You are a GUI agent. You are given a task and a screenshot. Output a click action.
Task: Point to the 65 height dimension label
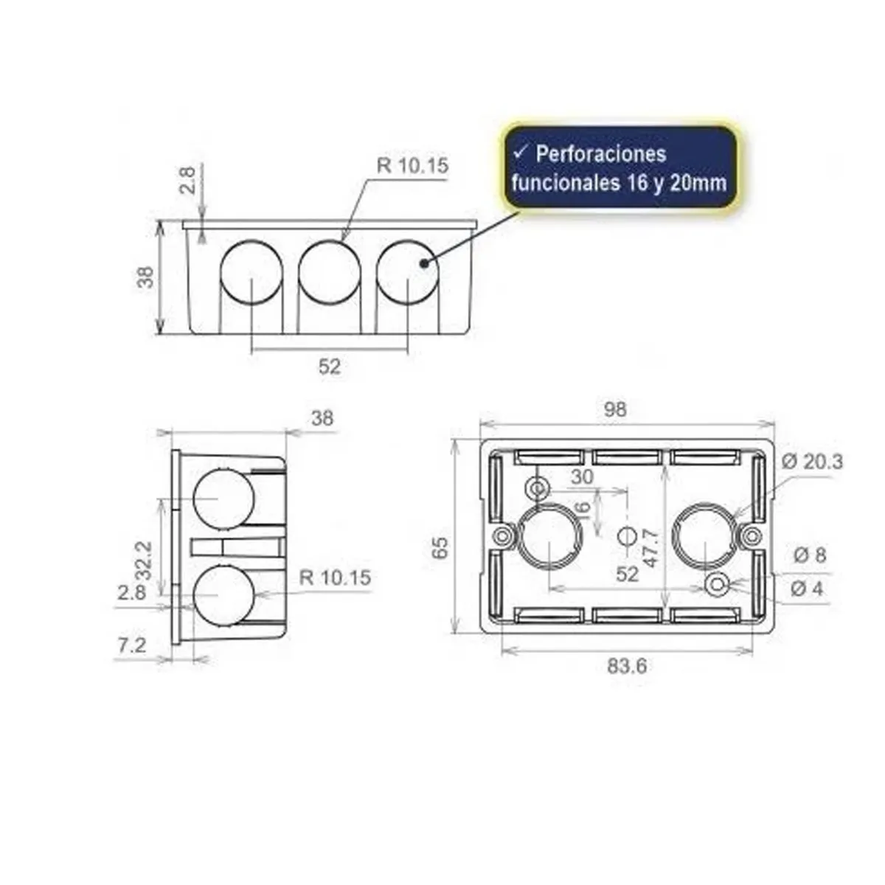(440, 547)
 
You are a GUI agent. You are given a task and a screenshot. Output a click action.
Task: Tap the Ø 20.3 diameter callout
(811, 462)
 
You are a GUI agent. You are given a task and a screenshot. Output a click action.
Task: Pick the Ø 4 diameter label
(808, 589)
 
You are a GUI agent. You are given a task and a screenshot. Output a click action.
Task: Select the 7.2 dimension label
(131, 645)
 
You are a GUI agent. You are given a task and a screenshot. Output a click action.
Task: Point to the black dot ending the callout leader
(423, 263)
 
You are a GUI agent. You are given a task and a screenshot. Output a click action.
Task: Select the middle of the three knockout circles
(330, 270)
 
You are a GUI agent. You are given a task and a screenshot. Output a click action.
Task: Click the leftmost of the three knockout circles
(251, 270)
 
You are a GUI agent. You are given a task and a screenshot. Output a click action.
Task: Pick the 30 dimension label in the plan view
(582, 477)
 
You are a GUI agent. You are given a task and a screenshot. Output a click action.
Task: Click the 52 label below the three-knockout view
(330, 366)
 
